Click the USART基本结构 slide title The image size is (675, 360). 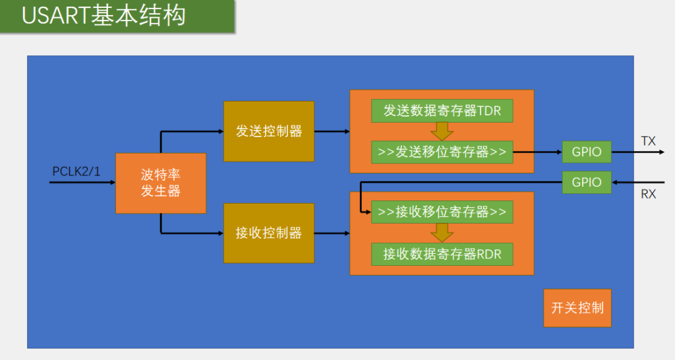click(x=103, y=16)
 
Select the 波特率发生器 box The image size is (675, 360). click(x=161, y=183)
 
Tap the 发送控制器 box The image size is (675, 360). click(x=269, y=131)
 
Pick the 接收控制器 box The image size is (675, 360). click(x=269, y=233)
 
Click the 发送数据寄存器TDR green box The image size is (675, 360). click(x=442, y=111)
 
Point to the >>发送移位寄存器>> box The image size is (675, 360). click(x=442, y=152)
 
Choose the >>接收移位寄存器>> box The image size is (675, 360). click(x=442, y=212)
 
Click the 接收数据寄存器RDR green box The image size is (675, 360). click(x=442, y=254)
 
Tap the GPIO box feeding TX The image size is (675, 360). click(x=587, y=152)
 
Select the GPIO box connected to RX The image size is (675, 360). click(x=587, y=182)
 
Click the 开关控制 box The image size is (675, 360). click(x=577, y=308)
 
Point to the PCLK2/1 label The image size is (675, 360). click(x=76, y=171)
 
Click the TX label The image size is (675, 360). click(x=649, y=141)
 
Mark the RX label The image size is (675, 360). click(x=649, y=194)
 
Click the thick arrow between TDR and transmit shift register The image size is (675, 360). click(x=442, y=131)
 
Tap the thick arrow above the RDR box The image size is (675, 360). click(x=442, y=233)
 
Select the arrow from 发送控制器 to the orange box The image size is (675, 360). click(x=332, y=131)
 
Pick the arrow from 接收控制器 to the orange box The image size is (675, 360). click(x=332, y=233)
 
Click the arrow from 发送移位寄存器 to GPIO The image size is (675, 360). click(x=538, y=152)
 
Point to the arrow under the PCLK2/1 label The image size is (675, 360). click(x=82, y=183)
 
